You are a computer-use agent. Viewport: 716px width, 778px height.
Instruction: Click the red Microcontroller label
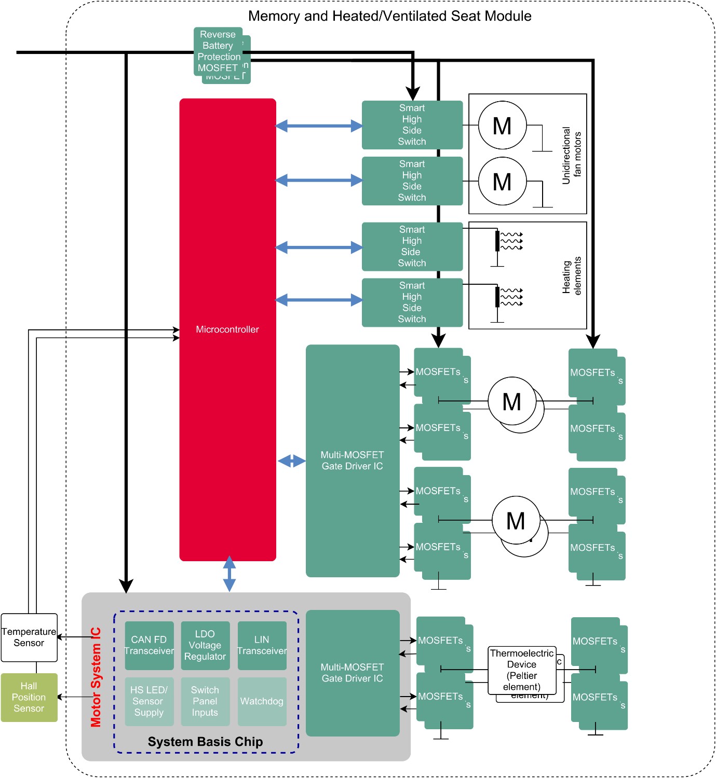point(227,329)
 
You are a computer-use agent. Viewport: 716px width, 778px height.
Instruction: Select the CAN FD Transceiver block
point(149,645)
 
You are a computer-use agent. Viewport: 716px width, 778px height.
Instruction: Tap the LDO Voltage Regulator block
point(205,645)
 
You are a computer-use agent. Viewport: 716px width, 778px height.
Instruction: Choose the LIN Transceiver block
point(262,645)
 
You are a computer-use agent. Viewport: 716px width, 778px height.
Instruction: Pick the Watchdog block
point(262,701)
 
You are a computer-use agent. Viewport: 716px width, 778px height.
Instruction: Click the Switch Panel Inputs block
point(205,701)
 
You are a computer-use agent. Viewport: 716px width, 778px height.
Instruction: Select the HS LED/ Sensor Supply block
point(149,701)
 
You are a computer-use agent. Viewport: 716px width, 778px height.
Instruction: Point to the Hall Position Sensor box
point(29,697)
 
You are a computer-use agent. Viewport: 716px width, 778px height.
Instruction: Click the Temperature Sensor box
point(29,637)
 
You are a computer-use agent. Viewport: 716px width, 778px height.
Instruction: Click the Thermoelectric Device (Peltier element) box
point(522,670)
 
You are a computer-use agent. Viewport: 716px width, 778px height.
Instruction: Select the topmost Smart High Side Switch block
point(412,125)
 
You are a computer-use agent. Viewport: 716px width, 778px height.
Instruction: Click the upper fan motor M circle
point(502,126)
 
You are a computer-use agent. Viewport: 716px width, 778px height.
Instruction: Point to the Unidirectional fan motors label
point(572,155)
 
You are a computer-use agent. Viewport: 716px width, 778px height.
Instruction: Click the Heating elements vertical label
point(572,276)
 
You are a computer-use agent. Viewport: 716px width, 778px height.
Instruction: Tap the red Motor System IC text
point(96,677)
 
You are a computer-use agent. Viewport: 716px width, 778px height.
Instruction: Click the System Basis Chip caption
point(205,742)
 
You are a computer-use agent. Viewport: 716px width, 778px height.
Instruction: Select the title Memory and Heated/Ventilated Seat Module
point(389,16)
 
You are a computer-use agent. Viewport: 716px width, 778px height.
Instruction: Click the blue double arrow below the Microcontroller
point(229,574)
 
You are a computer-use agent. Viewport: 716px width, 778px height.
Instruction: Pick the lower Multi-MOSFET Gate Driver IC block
point(352,673)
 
